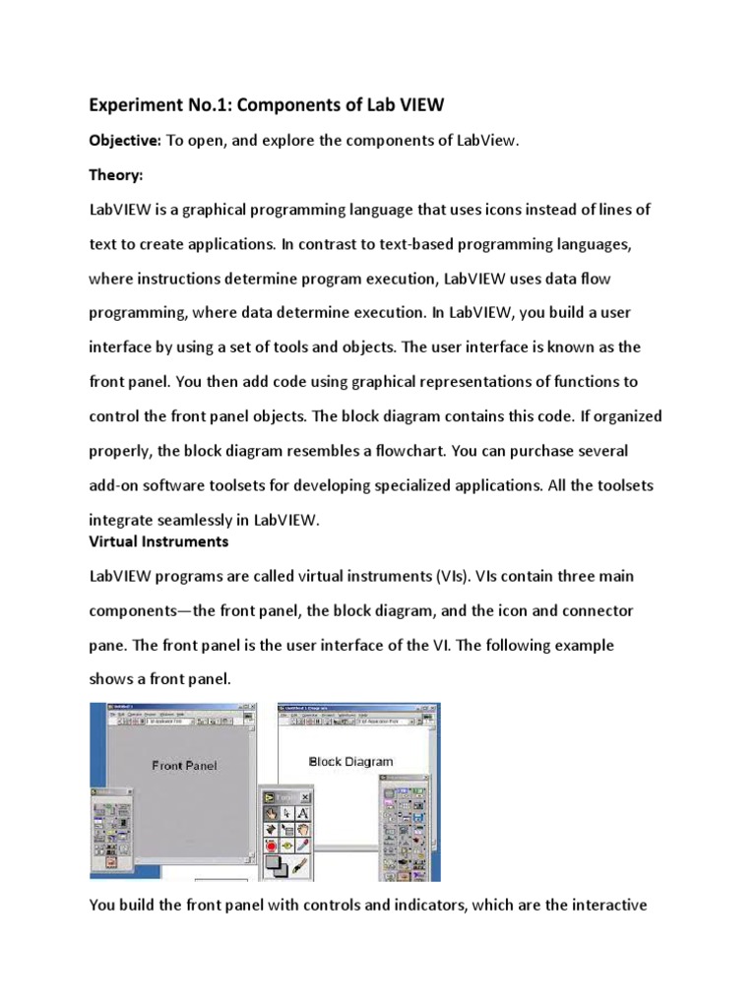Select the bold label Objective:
pos(125,141)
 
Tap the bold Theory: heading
pos(116,174)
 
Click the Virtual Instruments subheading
pos(158,541)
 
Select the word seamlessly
pos(201,521)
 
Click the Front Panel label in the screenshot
pos(184,765)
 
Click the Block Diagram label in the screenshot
pos(350,761)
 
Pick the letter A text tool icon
pos(302,813)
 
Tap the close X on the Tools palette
pos(305,796)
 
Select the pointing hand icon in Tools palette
pos(270,813)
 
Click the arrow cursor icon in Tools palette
pos(286,813)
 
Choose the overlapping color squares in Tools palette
pos(276,867)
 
